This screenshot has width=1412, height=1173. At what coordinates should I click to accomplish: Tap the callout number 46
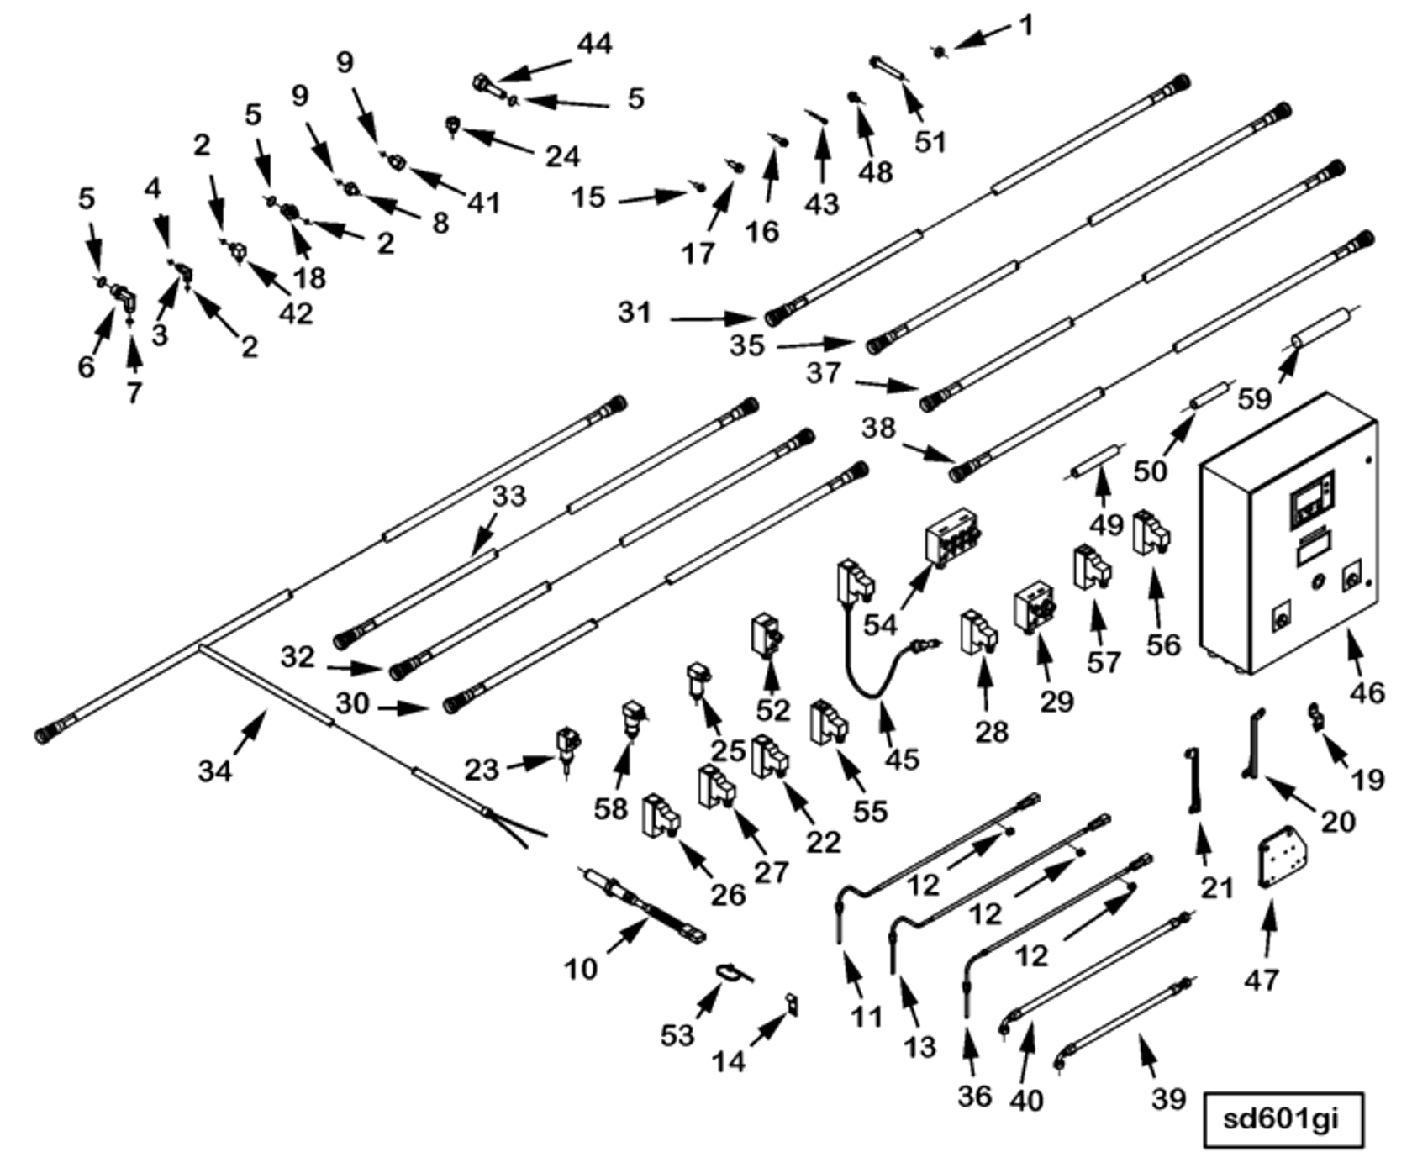pyautogui.click(x=1365, y=692)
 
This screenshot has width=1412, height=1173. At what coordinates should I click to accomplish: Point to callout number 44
pyautogui.click(x=595, y=44)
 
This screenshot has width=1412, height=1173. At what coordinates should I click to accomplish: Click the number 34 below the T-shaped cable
pyautogui.click(x=214, y=771)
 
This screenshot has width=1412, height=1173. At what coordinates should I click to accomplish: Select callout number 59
pyautogui.click(x=1255, y=397)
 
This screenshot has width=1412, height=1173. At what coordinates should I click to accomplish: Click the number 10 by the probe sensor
pyautogui.click(x=580, y=969)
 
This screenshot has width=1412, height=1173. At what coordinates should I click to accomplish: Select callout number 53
pyautogui.click(x=677, y=1035)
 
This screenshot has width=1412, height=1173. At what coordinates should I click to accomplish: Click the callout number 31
pyautogui.click(x=635, y=313)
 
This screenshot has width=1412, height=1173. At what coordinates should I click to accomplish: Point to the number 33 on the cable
pyautogui.click(x=508, y=496)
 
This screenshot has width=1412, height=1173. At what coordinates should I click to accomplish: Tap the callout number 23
pyautogui.click(x=482, y=769)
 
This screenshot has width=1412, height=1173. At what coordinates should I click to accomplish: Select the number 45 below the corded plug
pyautogui.click(x=902, y=760)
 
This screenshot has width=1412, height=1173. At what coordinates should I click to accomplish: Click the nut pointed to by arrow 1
pyautogui.click(x=939, y=52)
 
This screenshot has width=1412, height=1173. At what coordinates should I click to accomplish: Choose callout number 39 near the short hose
pyautogui.click(x=1168, y=1098)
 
